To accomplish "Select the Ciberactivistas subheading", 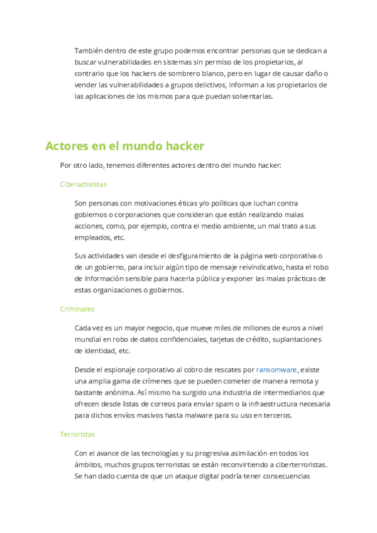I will click(84, 184).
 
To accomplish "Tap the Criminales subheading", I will click(77, 309).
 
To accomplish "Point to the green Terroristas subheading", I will click(78, 434).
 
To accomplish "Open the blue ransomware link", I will click(276, 370).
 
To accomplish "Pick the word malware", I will click(199, 415).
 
